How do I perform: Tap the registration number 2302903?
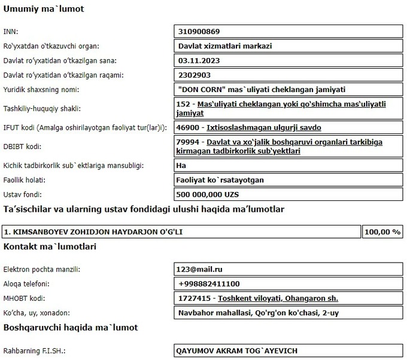pos(195,75)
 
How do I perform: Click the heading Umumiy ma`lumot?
pos(44,10)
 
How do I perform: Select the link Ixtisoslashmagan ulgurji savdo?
pos(264,127)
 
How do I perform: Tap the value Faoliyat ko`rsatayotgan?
pos(221,179)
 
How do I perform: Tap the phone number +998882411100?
pos(209,283)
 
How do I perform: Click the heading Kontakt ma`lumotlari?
pos(50,246)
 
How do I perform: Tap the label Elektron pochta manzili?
pos(42,270)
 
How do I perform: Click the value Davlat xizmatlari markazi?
pos(221,45)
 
